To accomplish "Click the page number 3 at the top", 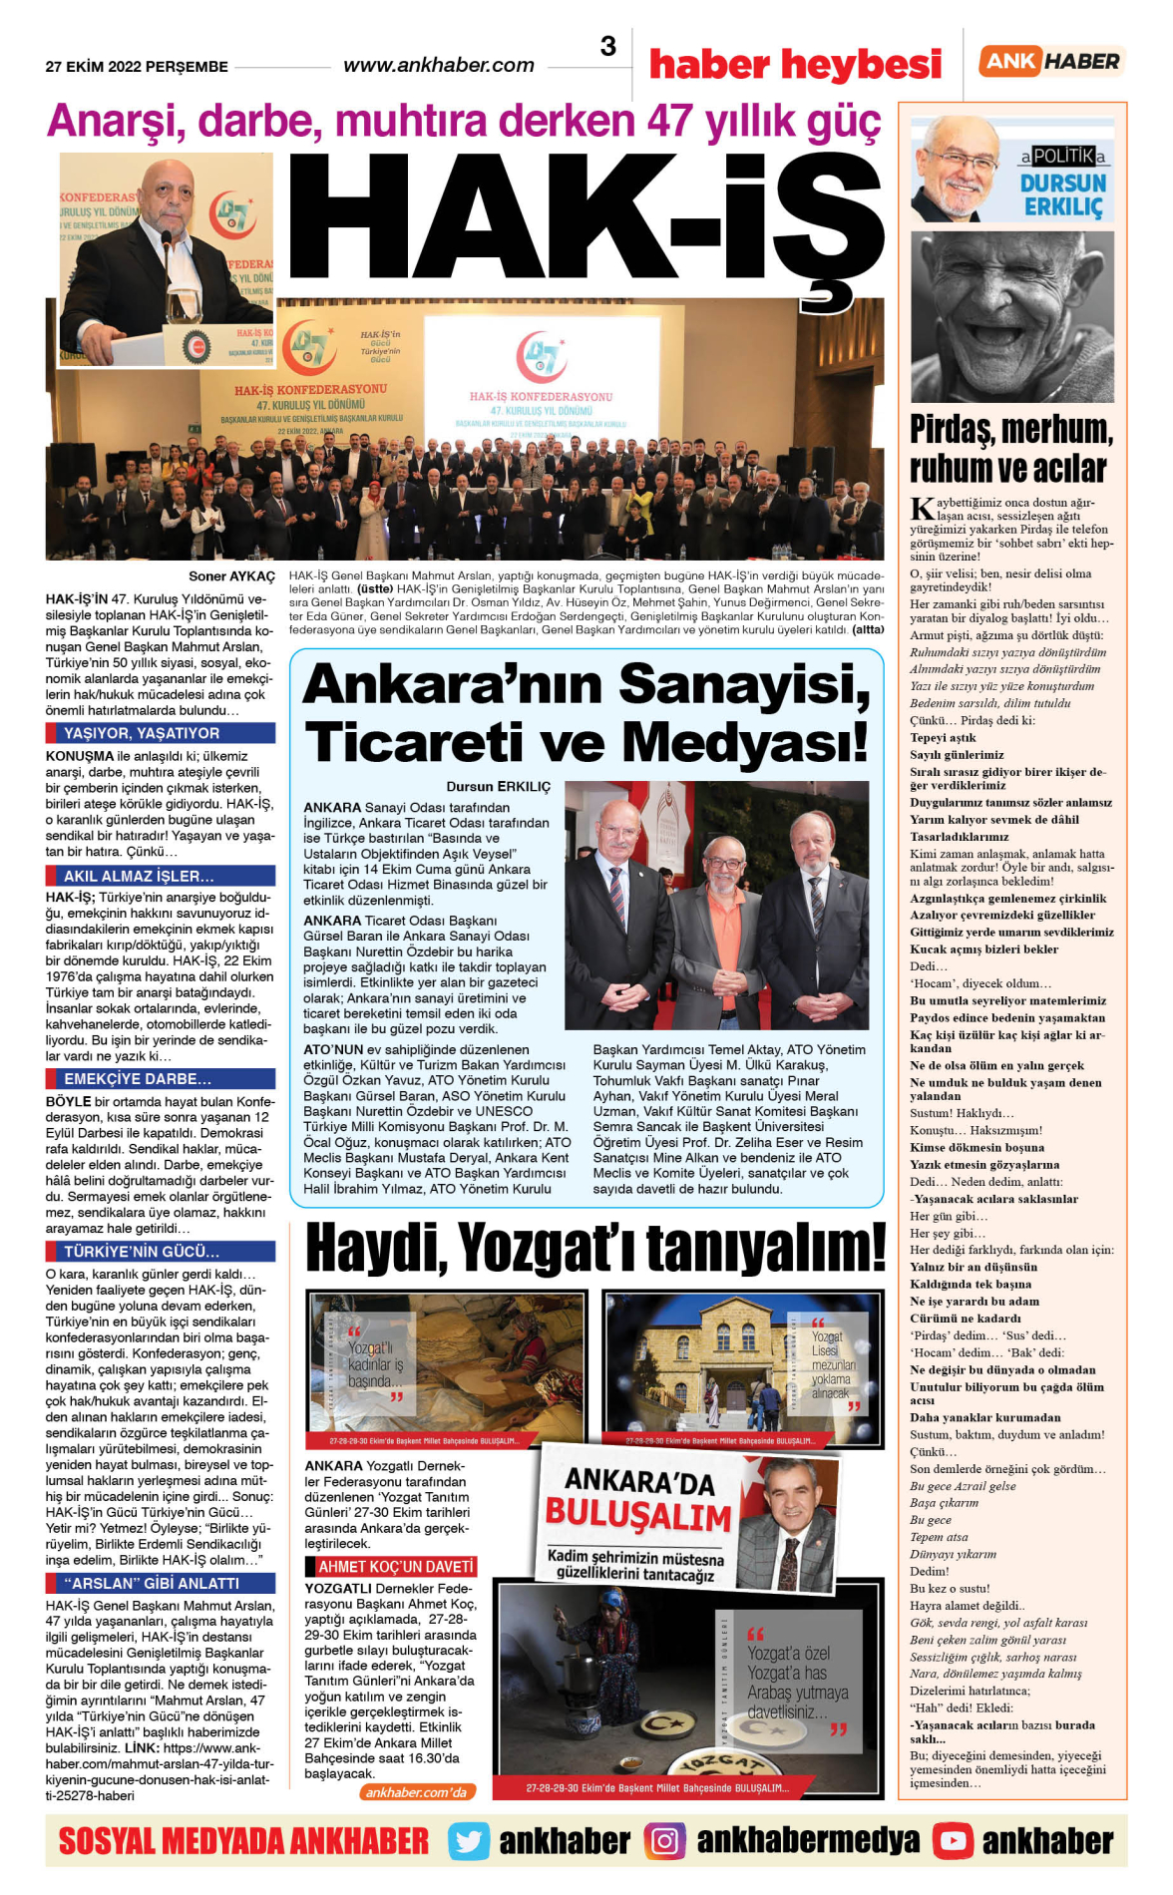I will point(607,46).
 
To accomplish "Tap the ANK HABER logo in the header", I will point(1051,61).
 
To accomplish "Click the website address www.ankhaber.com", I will point(439,66).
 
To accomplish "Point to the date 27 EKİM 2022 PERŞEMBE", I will point(137,67).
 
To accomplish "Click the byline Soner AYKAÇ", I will point(231,576).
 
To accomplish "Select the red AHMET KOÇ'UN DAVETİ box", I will point(396,1567).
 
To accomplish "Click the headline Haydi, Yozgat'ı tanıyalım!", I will point(595,1247).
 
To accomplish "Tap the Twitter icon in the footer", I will point(469,1841).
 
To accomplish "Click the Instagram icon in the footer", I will point(664,1841).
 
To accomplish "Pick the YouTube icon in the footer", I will point(953,1841).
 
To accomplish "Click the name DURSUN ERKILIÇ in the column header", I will point(1063,194).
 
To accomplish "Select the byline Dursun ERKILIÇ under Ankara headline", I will point(498,787).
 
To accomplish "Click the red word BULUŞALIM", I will point(638,1516).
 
